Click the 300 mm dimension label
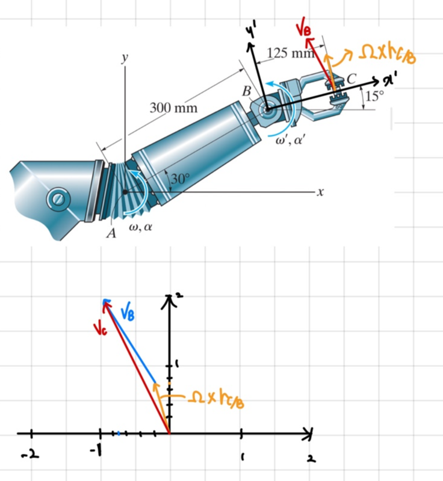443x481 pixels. tap(173, 108)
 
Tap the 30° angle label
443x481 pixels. tap(180, 178)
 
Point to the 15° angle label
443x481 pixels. tap(374, 96)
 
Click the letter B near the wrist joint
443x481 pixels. tap(247, 91)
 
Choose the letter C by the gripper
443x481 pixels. tap(351, 79)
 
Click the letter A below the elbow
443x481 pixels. tap(111, 233)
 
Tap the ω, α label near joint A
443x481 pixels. tap(140, 227)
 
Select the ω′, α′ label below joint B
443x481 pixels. tap(289, 141)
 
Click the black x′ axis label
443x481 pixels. tap(389, 81)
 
